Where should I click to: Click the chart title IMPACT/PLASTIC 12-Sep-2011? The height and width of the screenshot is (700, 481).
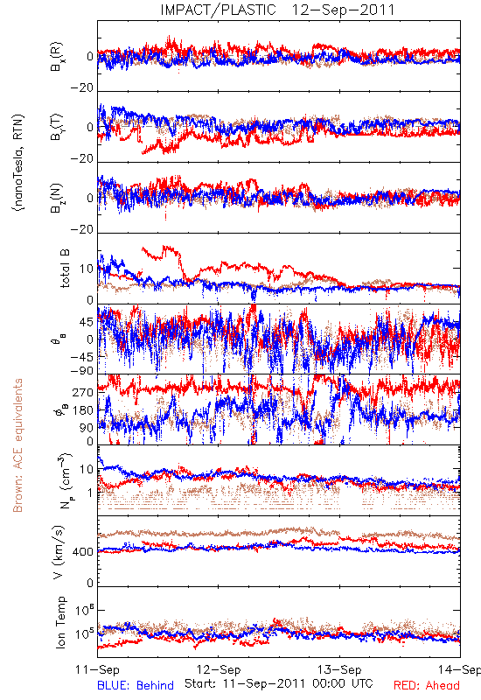click(277, 10)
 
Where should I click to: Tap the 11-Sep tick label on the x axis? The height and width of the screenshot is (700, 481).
click(97, 669)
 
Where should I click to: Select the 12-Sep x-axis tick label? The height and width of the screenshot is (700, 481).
click(219, 669)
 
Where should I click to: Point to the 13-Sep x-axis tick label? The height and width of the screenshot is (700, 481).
click(339, 669)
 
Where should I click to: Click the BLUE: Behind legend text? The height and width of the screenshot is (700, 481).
click(136, 685)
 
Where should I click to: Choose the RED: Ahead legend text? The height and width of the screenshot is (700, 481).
click(426, 685)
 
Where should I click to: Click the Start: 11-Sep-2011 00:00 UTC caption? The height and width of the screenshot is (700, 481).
click(279, 683)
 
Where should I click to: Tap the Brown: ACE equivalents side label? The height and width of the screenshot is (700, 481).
click(17, 445)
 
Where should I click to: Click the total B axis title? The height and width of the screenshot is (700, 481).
click(65, 269)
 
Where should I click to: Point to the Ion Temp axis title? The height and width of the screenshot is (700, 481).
click(60, 622)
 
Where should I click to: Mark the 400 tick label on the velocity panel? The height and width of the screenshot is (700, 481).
click(83, 552)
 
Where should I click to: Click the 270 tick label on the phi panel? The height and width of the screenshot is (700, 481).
click(83, 392)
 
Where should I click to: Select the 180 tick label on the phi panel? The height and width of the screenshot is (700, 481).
click(83, 410)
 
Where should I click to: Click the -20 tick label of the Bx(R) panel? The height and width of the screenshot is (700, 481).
click(81, 88)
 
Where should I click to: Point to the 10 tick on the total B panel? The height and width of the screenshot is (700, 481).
click(87, 269)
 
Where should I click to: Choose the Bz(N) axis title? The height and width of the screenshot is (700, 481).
click(57, 198)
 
